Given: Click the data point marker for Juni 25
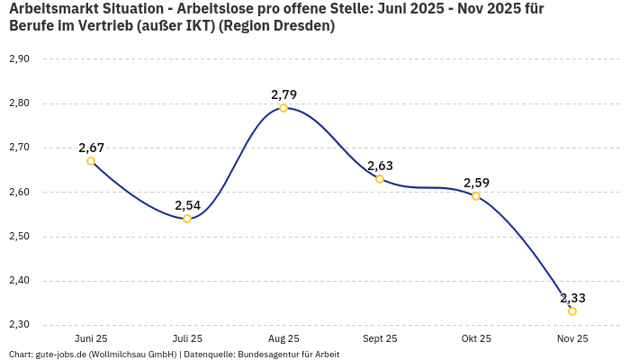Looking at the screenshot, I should click(x=91, y=161).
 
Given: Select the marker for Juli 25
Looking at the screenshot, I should click(x=187, y=219).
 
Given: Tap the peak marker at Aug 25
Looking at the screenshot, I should click(x=283, y=108).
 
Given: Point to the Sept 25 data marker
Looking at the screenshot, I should click(x=380, y=179).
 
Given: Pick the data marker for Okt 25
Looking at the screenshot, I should click(x=476, y=196).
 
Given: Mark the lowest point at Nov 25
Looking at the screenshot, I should click(x=572, y=311).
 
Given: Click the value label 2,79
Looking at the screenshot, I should click(x=283, y=94).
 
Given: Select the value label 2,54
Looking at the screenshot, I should click(x=187, y=205).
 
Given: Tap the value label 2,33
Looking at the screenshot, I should click(x=572, y=298).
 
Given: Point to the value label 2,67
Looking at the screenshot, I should click(x=91, y=148).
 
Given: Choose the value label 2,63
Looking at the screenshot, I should click(x=380, y=166).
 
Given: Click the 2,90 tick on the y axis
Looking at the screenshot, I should click(x=19, y=58).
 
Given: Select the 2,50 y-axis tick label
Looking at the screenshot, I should click(x=19, y=237).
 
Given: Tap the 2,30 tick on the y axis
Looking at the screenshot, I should click(x=19, y=325).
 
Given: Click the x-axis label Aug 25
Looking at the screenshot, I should click(x=283, y=338).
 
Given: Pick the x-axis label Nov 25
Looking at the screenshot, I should click(x=572, y=338).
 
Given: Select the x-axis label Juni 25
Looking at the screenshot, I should click(x=91, y=338).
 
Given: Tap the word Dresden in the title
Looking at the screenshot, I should click(x=301, y=26).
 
